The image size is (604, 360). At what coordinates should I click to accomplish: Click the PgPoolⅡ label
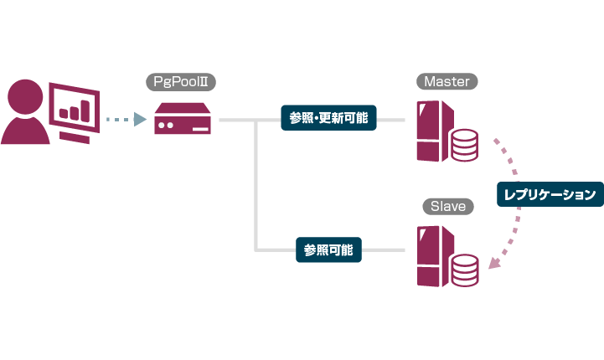tap(182, 81)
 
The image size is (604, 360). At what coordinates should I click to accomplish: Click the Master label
tap(447, 81)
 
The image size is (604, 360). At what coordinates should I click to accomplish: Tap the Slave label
tap(447, 206)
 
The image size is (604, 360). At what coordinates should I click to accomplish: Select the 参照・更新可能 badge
tap(328, 119)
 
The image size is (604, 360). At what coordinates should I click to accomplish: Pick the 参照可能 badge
tap(328, 249)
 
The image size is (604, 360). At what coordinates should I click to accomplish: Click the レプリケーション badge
tap(550, 195)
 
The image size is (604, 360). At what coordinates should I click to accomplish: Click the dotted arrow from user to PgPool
tap(126, 120)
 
